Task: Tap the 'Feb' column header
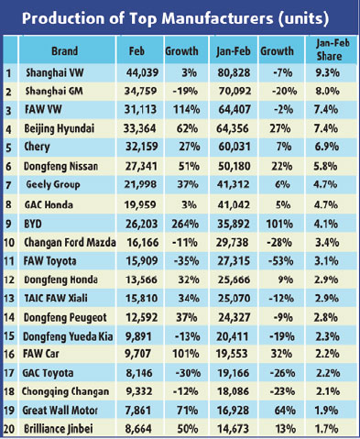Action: (138, 53)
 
